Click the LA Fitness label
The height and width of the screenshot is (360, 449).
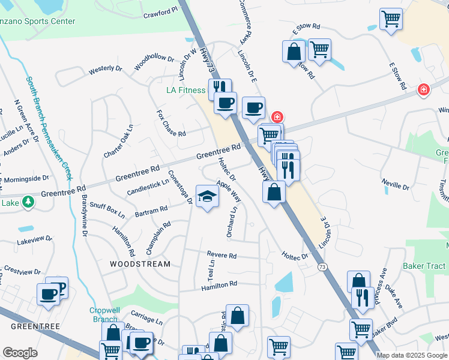click(185, 91)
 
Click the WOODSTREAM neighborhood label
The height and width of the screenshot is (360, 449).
click(140, 264)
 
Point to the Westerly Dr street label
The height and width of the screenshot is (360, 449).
click(105, 69)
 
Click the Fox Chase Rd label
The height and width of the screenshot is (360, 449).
click(171, 123)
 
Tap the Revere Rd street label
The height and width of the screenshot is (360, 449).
click(221, 256)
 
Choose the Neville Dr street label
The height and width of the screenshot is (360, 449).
click(396, 182)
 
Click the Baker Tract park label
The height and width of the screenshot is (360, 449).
click(424, 266)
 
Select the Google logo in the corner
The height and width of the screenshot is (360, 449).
click(20, 353)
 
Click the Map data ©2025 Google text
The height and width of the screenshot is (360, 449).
click(411, 355)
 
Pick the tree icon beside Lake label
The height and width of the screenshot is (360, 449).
click(28, 202)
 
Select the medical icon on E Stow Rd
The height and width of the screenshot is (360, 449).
click(424, 89)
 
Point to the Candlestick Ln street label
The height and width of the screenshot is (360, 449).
click(148, 188)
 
